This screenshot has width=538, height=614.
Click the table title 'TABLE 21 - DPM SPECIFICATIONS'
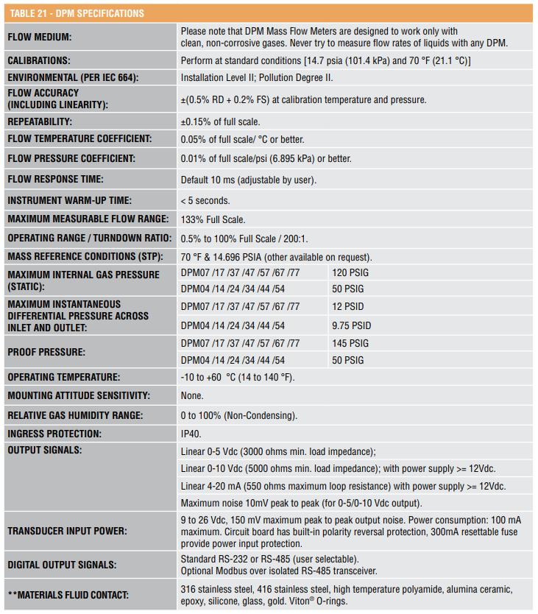point(76,13)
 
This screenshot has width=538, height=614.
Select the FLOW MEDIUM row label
point(40,37)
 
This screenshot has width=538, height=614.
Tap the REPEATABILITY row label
point(40,121)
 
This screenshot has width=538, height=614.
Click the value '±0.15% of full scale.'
point(220,121)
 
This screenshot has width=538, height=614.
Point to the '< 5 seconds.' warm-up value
point(205,200)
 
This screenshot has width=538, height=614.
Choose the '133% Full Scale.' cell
point(213,219)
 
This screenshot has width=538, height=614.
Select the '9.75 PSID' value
point(352,325)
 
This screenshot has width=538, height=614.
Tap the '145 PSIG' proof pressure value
point(351,343)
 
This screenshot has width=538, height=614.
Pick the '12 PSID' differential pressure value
point(348,306)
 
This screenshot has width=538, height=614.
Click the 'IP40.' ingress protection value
point(191,434)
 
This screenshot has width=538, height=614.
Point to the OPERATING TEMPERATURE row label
point(63,377)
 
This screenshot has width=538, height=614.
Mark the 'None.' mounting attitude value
point(192,396)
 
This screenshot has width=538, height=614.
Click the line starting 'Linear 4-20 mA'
point(343,487)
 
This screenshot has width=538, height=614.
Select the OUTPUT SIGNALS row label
point(44,449)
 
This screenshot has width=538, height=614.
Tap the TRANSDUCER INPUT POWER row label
point(67,531)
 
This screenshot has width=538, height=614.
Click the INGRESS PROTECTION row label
point(54,434)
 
